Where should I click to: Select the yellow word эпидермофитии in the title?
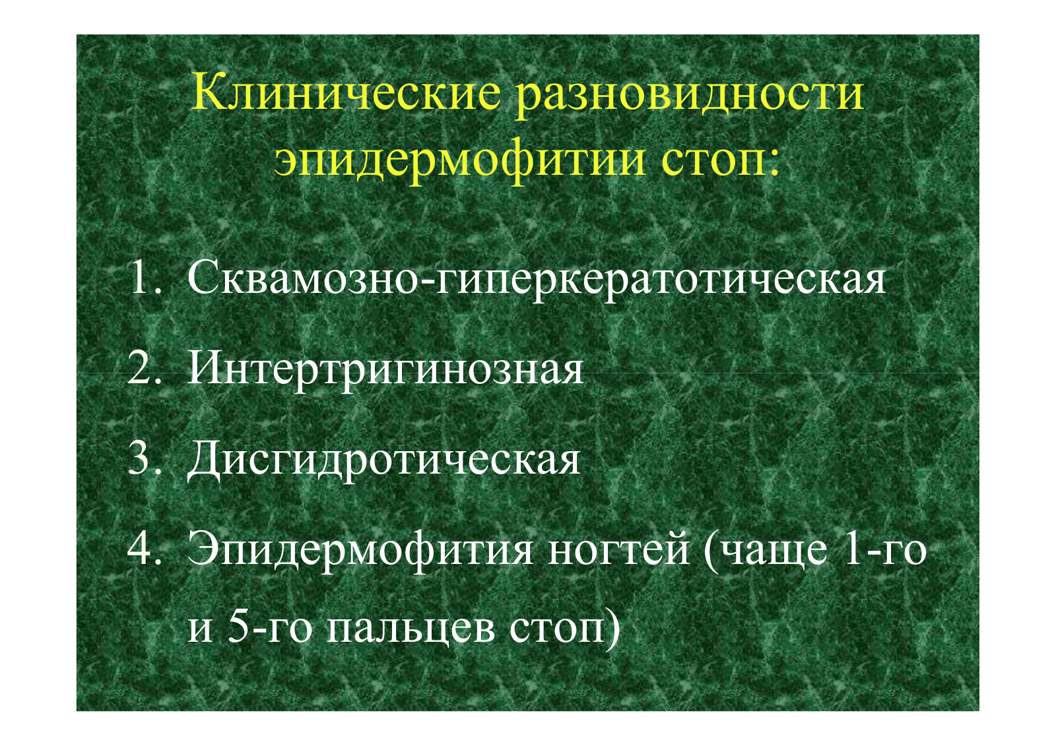coord(459,162)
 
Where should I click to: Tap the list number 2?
coord(143,368)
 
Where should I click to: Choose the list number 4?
coord(144,549)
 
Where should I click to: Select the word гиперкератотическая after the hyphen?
coord(660,281)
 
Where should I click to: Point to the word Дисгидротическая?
coord(383,462)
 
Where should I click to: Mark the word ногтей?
coord(618,548)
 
